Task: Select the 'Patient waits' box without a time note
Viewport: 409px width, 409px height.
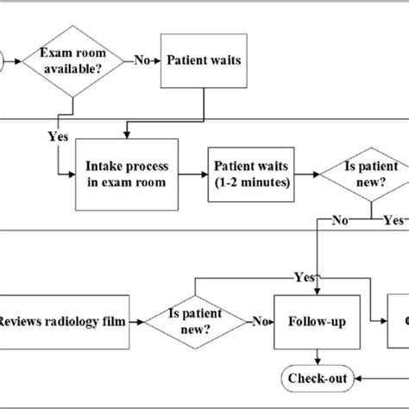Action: (204, 60)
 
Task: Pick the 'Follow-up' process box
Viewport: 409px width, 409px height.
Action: (319, 322)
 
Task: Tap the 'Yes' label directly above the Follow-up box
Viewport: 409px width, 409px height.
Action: (305, 279)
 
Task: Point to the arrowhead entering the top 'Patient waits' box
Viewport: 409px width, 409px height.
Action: (157, 60)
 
